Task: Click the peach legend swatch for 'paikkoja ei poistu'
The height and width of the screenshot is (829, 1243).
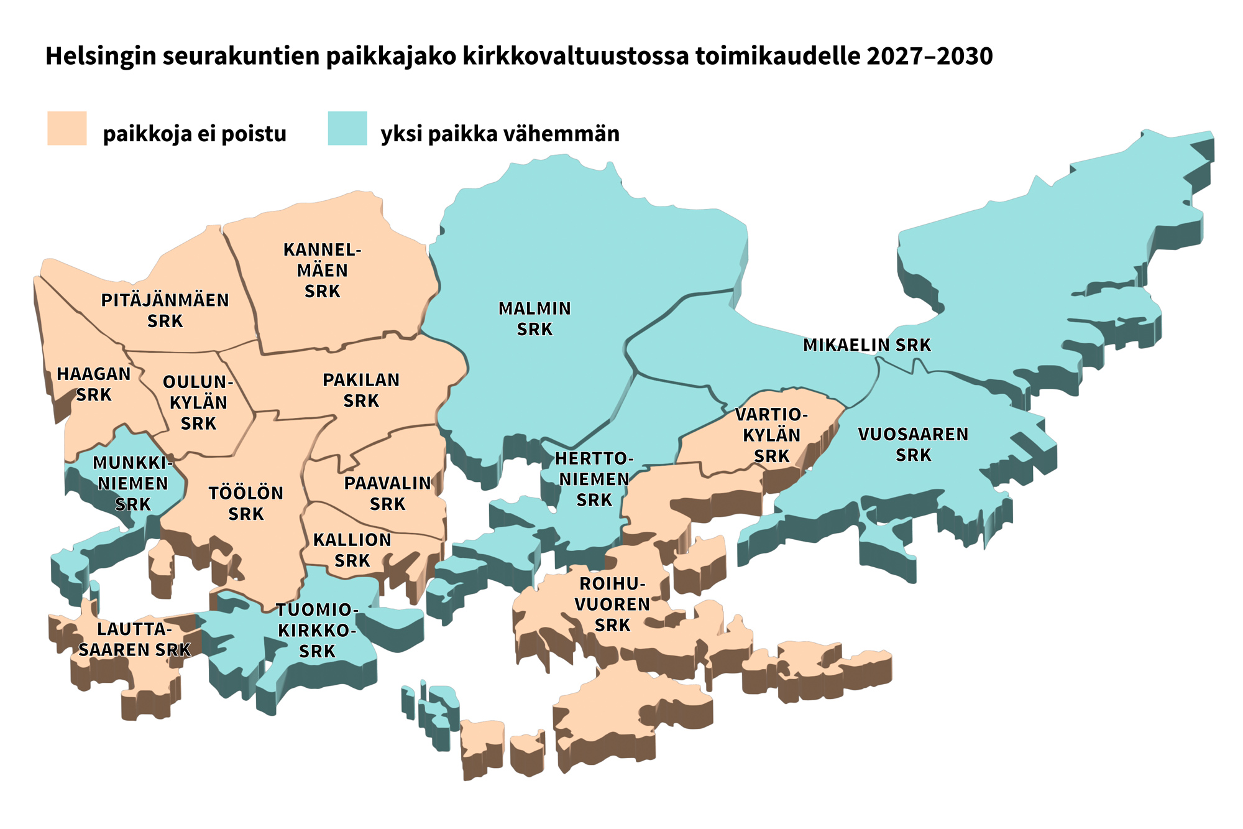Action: (67, 128)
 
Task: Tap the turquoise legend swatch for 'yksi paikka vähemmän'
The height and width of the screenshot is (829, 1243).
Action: (347, 128)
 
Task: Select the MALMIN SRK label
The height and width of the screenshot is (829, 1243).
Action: (534, 318)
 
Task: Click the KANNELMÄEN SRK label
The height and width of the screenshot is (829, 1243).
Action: (322, 271)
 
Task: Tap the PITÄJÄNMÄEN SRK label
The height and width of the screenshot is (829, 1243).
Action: (165, 310)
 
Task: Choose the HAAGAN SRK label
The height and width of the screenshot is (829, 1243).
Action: (94, 384)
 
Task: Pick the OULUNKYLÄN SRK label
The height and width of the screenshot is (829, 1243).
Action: (198, 402)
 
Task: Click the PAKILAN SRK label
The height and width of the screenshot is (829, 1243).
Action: (361, 390)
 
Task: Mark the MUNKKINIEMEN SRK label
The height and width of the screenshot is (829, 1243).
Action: (132, 483)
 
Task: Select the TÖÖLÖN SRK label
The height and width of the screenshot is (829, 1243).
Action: (246, 504)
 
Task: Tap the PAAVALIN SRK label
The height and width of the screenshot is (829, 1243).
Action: (388, 493)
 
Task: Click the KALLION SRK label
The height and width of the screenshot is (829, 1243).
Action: (352, 550)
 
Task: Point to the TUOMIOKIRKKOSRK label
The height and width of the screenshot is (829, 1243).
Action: (317, 631)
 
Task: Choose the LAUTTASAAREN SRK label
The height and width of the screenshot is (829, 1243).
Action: (134, 639)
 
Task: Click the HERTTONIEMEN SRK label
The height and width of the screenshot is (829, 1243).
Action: (594, 479)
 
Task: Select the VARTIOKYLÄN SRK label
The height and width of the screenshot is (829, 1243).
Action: (771, 435)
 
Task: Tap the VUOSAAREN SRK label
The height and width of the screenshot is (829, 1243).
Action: (913, 444)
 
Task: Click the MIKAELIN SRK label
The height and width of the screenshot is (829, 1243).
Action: (867, 345)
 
